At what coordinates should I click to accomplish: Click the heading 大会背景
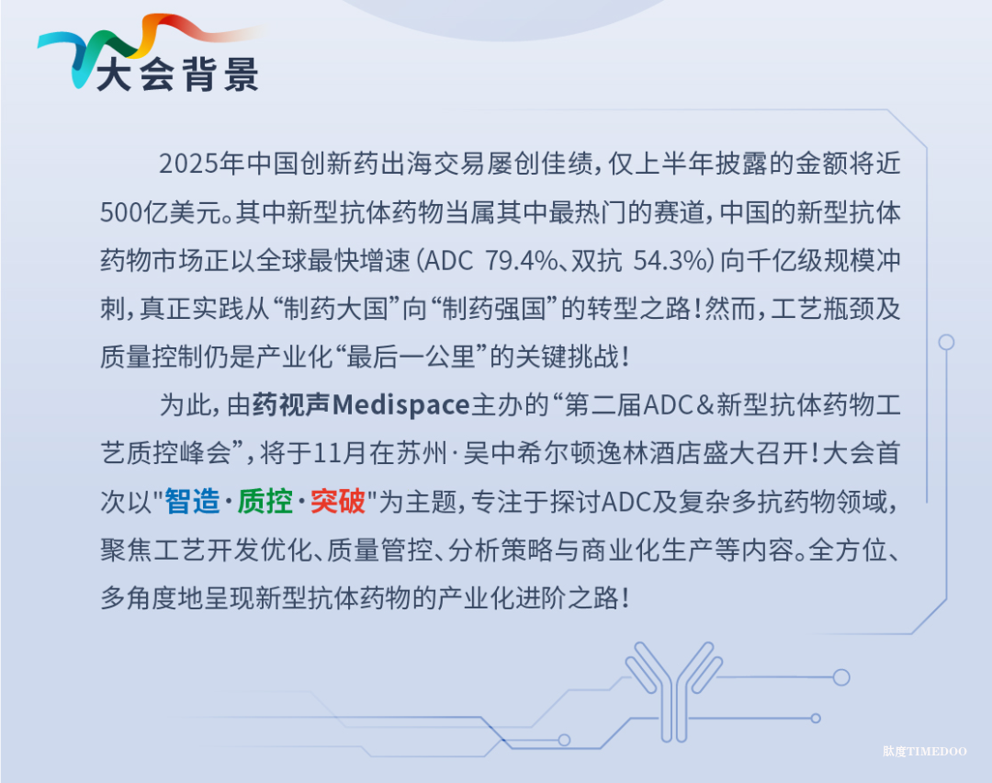tap(178, 74)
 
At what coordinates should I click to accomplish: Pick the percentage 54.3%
tap(670, 261)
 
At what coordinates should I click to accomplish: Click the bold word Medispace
tap(401, 405)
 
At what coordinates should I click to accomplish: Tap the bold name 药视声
tap(292, 405)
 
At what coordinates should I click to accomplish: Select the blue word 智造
tap(192, 502)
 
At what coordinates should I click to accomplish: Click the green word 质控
tap(265, 502)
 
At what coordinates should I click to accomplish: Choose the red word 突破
tap(338, 502)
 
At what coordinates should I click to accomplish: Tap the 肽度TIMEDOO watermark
tap(924, 752)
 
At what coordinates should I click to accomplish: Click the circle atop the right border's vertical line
tap(946, 343)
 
